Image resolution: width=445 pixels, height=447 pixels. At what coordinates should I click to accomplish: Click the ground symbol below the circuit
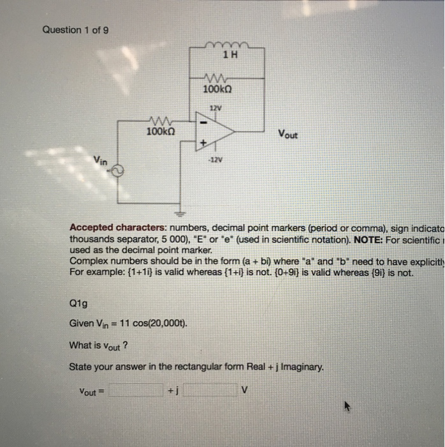click(180, 213)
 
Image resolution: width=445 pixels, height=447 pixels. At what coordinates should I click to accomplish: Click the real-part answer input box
click(136, 390)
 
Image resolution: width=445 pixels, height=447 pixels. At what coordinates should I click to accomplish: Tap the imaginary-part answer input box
click(210, 390)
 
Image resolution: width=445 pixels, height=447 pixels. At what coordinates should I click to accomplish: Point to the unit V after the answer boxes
click(245, 388)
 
